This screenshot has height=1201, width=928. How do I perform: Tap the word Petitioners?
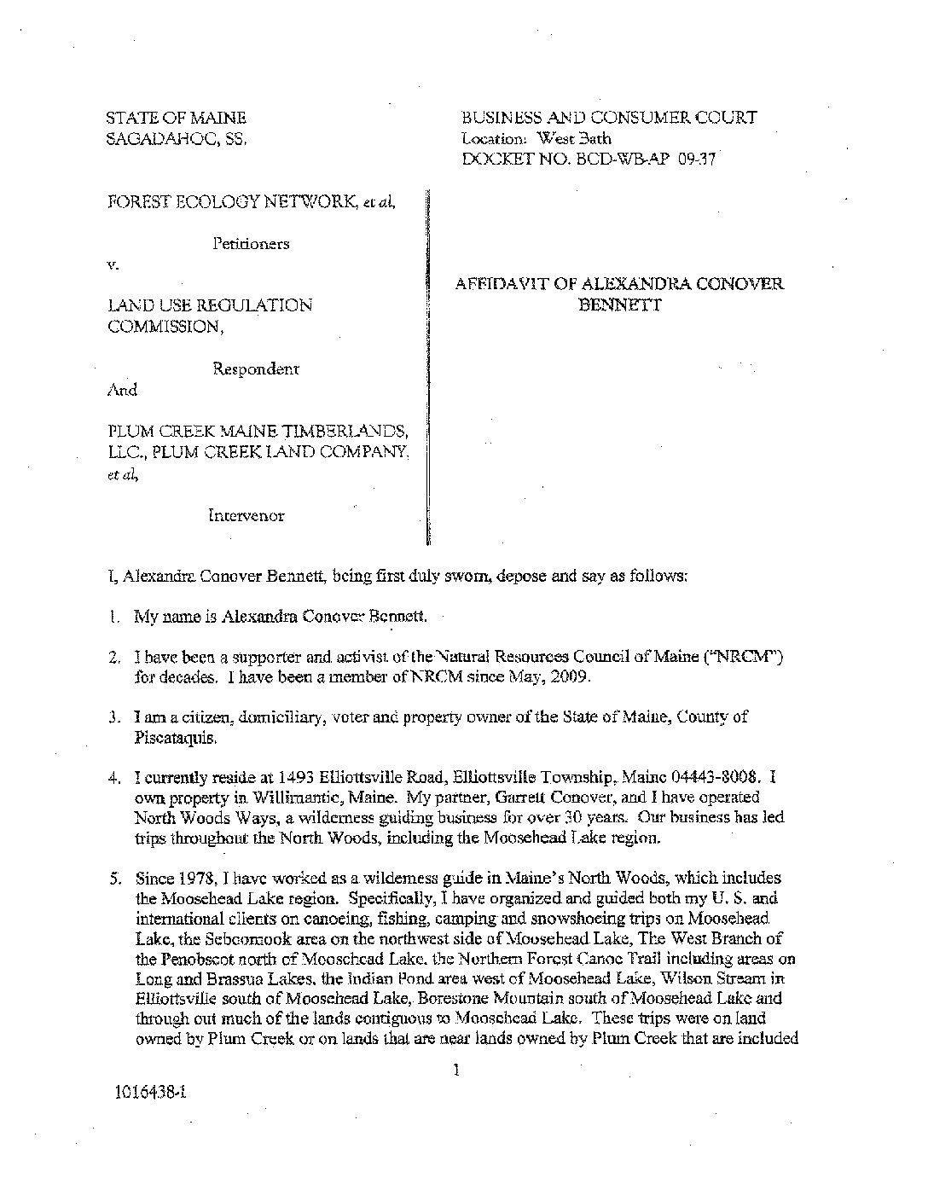(x=251, y=243)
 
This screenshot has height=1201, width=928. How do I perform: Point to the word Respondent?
(x=255, y=368)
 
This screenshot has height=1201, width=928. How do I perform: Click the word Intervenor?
(x=246, y=515)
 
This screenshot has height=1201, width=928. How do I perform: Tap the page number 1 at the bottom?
(x=458, y=1068)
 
